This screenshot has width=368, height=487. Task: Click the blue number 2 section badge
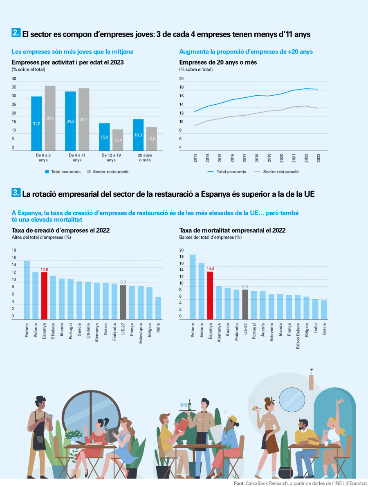click(16, 33)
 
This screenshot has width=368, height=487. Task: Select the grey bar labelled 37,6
click(50, 118)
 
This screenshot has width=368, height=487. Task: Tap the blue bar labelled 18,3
click(138, 135)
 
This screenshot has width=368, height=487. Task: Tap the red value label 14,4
click(210, 268)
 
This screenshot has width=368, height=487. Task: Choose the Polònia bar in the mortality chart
click(193, 287)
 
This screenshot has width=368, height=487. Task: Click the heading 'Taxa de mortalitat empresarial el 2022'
click(232, 231)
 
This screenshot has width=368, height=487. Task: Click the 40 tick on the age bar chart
click(14, 79)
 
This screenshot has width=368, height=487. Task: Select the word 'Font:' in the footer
click(240, 483)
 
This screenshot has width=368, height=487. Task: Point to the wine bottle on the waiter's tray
click(190, 404)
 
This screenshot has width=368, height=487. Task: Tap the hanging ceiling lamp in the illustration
click(311, 380)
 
